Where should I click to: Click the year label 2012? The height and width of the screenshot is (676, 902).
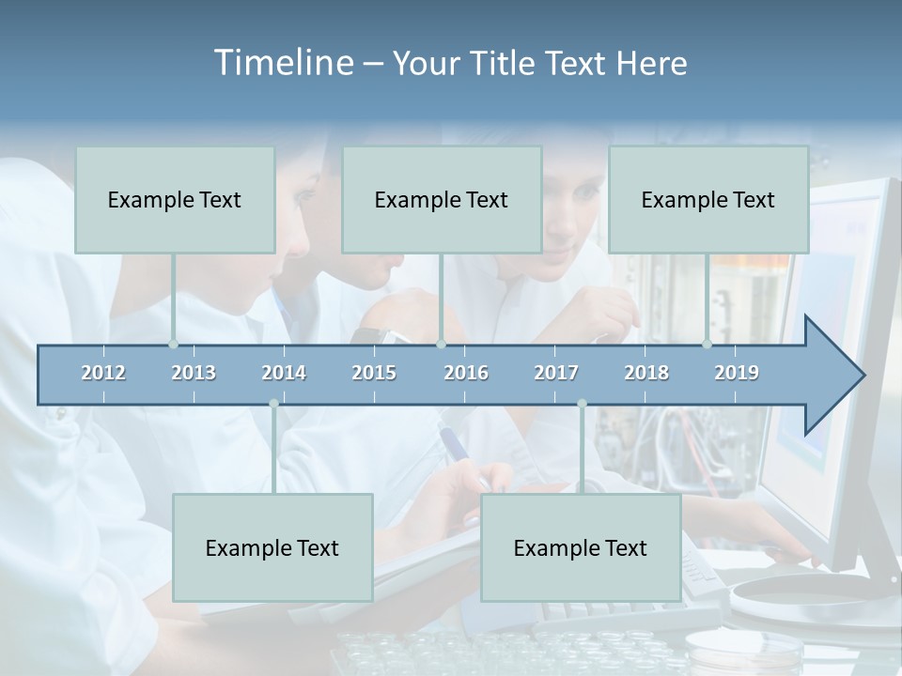click(x=103, y=373)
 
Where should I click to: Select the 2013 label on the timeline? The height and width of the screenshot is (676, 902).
click(x=194, y=373)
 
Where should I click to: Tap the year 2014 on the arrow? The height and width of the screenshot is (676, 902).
click(x=284, y=373)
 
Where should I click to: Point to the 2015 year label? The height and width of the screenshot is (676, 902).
click(x=374, y=373)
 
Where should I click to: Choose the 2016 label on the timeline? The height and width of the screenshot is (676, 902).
click(x=466, y=373)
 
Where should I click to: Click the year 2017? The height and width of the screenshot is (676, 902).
click(x=556, y=373)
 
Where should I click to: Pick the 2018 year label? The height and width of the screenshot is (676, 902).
click(x=646, y=373)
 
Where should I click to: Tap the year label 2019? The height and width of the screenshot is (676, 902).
click(x=737, y=373)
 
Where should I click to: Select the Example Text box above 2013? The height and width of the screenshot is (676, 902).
click(x=175, y=199)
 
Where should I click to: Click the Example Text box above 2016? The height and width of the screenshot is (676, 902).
click(x=442, y=199)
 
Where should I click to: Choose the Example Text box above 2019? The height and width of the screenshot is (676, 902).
click(x=708, y=199)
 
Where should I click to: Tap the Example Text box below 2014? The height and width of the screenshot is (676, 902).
click(x=272, y=547)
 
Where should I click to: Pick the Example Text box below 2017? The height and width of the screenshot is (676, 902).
click(x=581, y=547)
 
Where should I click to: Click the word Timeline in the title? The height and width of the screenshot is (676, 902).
click(x=282, y=63)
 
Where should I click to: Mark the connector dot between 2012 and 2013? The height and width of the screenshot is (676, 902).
click(x=174, y=344)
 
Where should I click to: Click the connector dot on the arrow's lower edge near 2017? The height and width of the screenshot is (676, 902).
click(x=582, y=404)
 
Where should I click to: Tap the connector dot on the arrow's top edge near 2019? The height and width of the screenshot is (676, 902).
click(x=708, y=344)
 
